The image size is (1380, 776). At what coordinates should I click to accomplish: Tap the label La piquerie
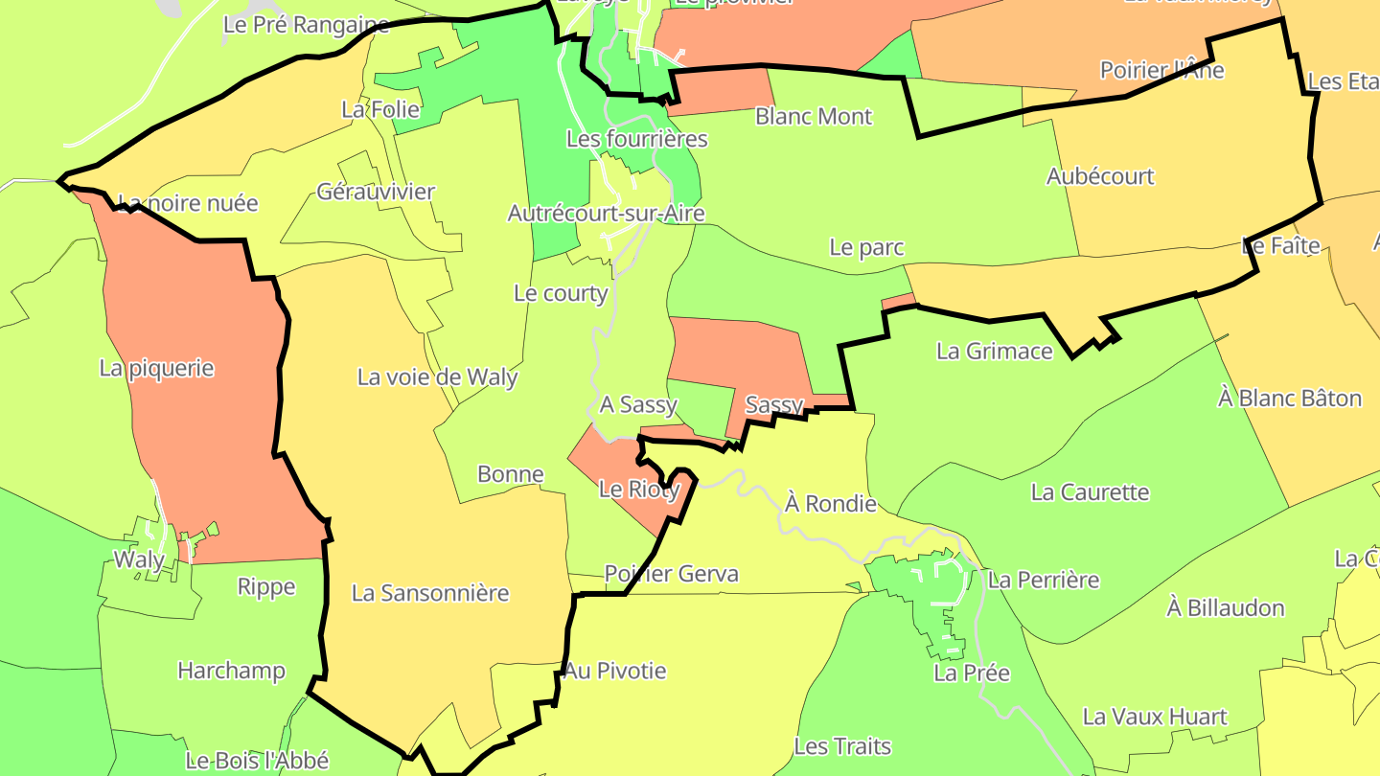pyautogui.click(x=156, y=368)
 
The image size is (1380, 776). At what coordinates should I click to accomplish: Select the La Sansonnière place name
pyautogui.click(x=430, y=593)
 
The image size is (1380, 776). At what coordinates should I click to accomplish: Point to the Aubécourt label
pyautogui.click(x=1100, y=176)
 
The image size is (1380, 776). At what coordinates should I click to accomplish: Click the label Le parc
pyautogui.click(x=866, y=247)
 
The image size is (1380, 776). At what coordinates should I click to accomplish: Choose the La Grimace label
pyautogui.click(x=994, y=351)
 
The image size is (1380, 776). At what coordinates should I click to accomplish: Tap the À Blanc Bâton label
pyautogui.click(x=1289, y=398)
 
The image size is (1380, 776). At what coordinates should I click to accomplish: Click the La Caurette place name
pyautogui.click(x=1090, y=492)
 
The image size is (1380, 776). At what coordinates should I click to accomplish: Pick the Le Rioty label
pyautogui.click(x=638, y=490)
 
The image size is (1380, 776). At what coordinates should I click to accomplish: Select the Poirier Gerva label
pyautogui.click(x=671, y=574)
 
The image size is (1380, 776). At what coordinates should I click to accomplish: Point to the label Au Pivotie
pyautogui.click(x=614, y=671)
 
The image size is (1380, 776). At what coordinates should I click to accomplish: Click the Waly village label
pyautogui.click(x=139, y=559)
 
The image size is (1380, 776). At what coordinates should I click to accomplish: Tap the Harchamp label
pyautogui.click(x=231, y=671)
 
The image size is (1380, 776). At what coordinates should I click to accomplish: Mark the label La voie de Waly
pyautogui.click(x=437, y=377)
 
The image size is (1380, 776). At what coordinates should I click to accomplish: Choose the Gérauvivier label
pyautogui.click(x=376, y=192)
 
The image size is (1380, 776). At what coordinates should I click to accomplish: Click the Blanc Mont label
pyautogui.click(x=814, y=117)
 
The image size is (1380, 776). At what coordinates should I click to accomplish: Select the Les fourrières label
pyautogui.click(x=636, y=139)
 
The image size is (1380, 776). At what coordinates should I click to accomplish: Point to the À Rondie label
pyautogui.click(x=830, y=503)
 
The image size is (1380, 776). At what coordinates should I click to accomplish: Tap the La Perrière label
pyautogui.click(x=1043, y=580)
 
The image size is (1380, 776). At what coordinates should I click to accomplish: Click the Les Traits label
pyautogui.click(x=842, y=746)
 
